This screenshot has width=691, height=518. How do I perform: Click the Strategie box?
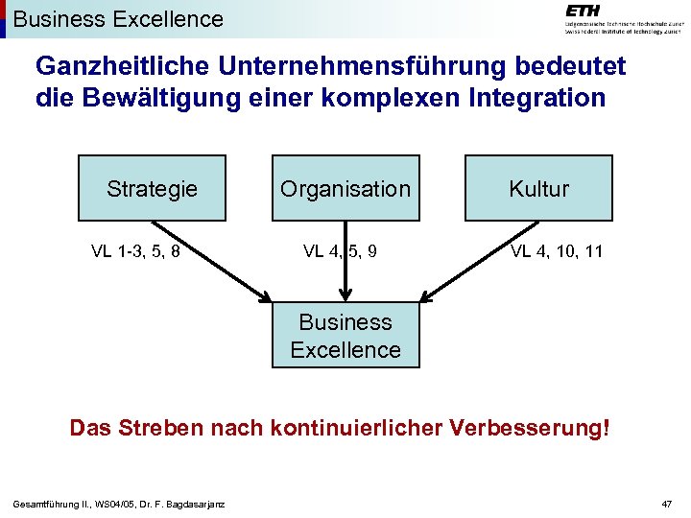pos(152,188)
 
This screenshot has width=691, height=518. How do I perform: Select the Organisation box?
pos(345,188)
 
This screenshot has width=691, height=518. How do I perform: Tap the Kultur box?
pos(538,188)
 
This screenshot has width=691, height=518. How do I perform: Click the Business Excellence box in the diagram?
pos(345,336)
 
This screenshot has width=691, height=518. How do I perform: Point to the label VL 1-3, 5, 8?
pos(135,252)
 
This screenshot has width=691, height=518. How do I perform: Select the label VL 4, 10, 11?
pos(557,252)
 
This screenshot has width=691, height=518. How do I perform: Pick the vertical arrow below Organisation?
pos(345,269)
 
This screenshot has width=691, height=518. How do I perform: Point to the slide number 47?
pos(668,505)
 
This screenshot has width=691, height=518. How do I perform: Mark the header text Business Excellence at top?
pos(119,18)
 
